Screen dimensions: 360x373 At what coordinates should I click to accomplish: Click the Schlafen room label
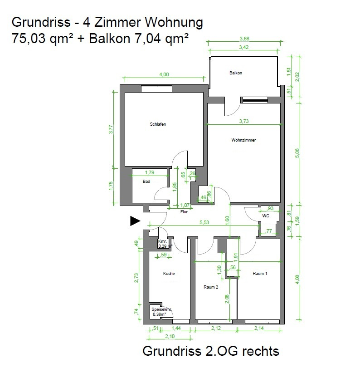tap(158, 124)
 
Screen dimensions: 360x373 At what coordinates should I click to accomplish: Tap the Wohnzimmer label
tap(243, 140)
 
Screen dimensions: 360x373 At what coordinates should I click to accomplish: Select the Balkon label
tap(236, 73)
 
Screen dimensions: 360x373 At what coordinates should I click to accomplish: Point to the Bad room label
tap(146, 182)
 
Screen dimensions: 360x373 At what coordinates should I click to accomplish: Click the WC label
tap(266, 216)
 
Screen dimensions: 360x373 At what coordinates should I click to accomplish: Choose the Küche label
tap(169, 274)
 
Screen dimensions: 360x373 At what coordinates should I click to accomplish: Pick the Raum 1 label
tap(260, 274)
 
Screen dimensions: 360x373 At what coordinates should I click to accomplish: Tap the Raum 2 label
tap(211, 287)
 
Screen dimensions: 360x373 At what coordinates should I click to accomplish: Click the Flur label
tap(184, 212)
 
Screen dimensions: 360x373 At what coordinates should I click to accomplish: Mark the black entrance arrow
tap(135, 221)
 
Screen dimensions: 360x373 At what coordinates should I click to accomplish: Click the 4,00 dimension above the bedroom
tap(164, 74)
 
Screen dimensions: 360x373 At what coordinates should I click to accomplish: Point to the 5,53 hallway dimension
tap(204, 222)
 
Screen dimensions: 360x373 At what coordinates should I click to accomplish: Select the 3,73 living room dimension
tap(244, 121)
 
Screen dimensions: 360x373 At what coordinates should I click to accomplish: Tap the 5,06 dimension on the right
tap(297, 153)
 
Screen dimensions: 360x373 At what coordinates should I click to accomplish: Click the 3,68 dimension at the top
tap(244, 39)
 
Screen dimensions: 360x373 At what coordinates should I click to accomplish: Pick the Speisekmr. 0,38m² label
tap(161, 312)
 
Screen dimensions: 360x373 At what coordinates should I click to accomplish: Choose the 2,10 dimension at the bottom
tap(170, 336)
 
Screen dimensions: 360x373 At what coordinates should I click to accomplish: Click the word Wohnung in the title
tap(174, 23)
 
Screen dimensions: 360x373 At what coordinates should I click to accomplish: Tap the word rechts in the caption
tap(260, 351)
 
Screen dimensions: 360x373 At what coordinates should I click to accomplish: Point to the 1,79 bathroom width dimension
tap(150, 172)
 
